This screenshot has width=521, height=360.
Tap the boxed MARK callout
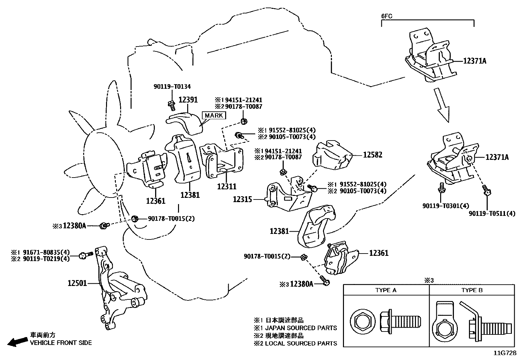tap(214, 115)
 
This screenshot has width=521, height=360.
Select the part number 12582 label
tap(372, 155)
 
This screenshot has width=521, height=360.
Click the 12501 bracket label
tap(77, 283)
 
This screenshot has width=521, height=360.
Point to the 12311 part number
tap(226, 186)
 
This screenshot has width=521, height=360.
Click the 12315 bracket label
tap(243, 199)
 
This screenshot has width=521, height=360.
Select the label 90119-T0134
tap(172, 87)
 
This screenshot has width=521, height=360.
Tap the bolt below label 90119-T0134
tap(171, 104)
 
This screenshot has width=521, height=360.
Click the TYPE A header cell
tap(386, 290)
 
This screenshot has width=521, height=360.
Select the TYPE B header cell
tap(472, 290)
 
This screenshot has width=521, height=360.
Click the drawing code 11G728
tap(505, 354)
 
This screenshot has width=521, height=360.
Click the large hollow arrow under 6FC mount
tap(442, 105)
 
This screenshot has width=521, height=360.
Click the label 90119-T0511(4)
tap(492, 214)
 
